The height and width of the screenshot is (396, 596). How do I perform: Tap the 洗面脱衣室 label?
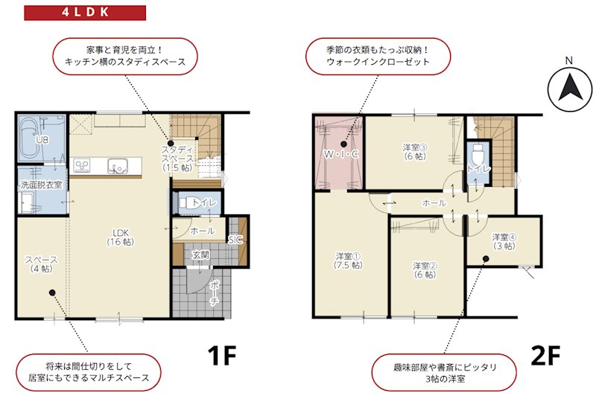(x=41, y=184)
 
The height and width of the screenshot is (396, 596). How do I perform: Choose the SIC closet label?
(x=235, y=240)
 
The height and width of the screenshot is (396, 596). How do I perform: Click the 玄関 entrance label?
(x=201, y=255)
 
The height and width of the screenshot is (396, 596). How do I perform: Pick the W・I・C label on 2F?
(x=341, y=154)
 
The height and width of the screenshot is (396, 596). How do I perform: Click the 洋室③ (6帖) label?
(x=414, y=151)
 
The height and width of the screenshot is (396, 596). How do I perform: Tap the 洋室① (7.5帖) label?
(x=348, y=260)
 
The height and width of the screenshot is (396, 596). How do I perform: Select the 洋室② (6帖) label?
(x=425, y=269)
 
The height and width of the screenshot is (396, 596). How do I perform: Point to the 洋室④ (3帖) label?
(x=504, y=241)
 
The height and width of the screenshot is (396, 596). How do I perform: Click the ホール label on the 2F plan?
(x=434, y=202)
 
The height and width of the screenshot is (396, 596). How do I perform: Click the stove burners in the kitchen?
(x=83, y=164)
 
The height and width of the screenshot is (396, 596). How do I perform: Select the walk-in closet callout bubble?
(x=378, y=56)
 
